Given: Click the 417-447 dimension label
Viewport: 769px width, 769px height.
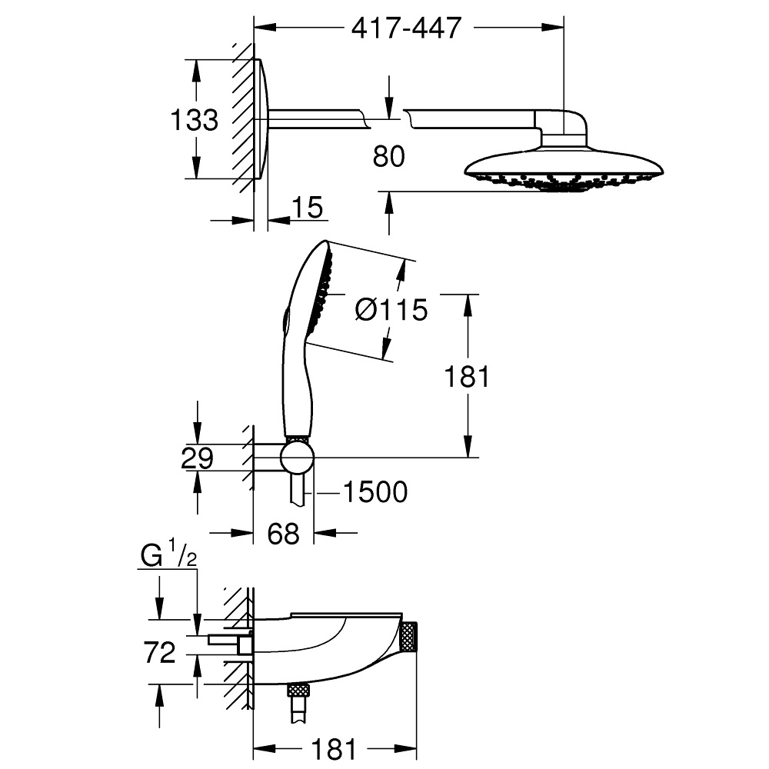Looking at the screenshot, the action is point(407,28).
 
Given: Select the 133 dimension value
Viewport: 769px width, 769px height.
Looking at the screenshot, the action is point(195,120).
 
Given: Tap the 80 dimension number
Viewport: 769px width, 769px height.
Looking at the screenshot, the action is point(389,157).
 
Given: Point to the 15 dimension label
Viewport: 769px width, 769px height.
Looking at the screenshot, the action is point(308,208).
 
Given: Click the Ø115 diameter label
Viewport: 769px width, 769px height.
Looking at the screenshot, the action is point(391,311).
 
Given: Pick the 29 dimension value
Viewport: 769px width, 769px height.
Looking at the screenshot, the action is point(197,459).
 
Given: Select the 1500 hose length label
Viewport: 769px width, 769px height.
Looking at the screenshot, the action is point(375,492).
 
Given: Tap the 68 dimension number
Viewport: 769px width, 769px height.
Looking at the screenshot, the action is point(284,534).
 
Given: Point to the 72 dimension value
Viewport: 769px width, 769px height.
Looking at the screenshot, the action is point(160,653).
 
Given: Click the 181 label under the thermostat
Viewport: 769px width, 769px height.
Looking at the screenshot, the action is point(334,749).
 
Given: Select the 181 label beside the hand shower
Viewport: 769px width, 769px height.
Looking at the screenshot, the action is point(467,377).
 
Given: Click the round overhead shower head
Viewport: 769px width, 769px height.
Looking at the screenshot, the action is point(564,171).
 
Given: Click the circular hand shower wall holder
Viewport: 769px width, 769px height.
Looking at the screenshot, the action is point(297,458).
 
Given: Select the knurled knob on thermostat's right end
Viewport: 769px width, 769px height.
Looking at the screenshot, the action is point(408,638).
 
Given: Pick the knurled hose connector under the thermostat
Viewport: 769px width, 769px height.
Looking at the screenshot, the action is point(298,690).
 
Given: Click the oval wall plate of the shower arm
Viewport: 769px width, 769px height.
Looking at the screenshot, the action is point(261,119).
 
